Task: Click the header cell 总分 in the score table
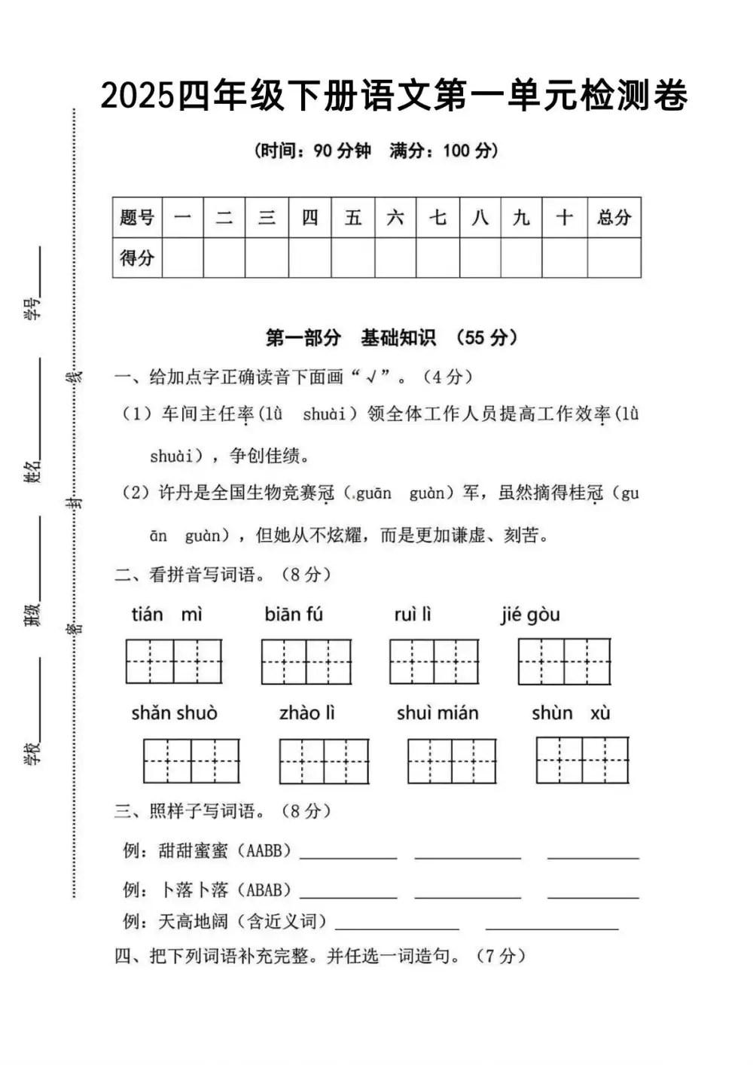tap(614, 218)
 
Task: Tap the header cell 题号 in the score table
tap(137, 218)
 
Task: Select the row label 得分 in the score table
tap(137, 258)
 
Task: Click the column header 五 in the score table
tap(353, 218)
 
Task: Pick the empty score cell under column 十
tap(564, 258)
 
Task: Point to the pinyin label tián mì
tap(166, 615)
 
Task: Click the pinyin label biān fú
tap(294, 615)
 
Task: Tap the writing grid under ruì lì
tap(434, 661)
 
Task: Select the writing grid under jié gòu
tap(564, 661)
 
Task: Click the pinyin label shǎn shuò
tap(174, 713)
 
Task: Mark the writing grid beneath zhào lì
tap(324, 761)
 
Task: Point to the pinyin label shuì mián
tap(437, 713)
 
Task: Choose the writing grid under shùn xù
tap(582, 760)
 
